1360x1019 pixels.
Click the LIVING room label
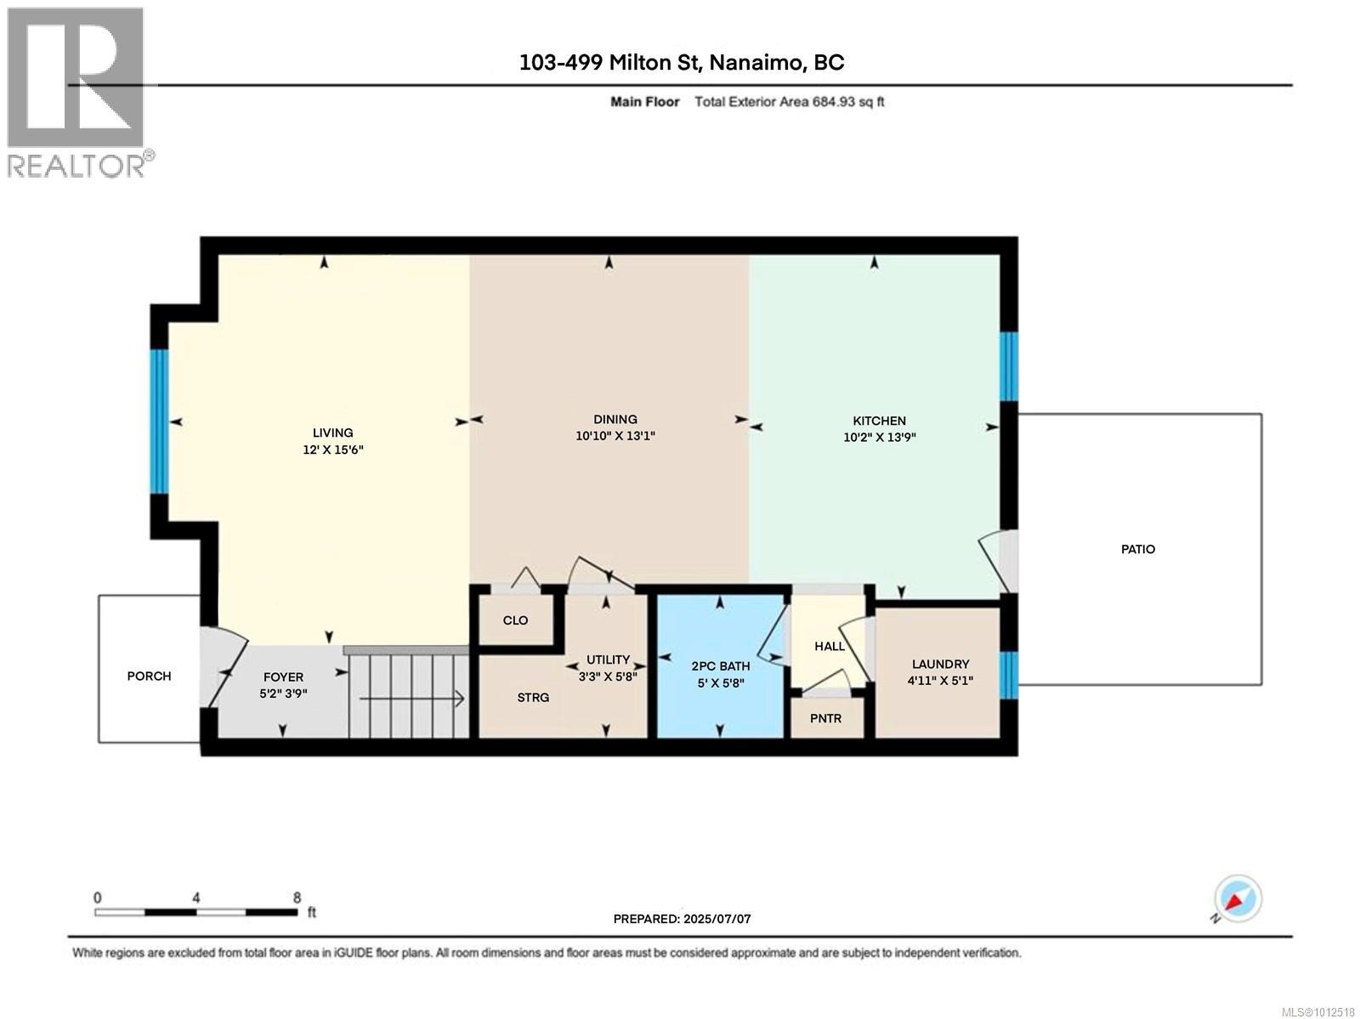(x=332, y=433)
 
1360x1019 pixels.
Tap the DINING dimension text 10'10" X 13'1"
(x=615, y=435)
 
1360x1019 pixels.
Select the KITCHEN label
(x=879, y=421)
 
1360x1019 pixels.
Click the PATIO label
(x=1138, y=549)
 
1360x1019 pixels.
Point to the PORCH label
(x=150, y=676)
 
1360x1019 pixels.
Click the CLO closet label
(x=515, y=620)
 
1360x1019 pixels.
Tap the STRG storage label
(x=533, y=698)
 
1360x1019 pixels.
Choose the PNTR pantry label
(x=826, y=718)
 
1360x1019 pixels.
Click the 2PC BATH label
(x=721, y=666)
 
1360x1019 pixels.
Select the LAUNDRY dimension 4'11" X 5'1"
(x=941, y=680)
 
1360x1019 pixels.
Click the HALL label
(x=830, y=646)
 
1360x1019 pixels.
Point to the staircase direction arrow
(x=412, y=699)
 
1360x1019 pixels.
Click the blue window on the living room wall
(x=160, y=422)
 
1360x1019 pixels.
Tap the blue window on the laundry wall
(x=1009, y=675)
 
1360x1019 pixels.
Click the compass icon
(x=1238, y=899)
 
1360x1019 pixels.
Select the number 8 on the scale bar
(x=297, y=897)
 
